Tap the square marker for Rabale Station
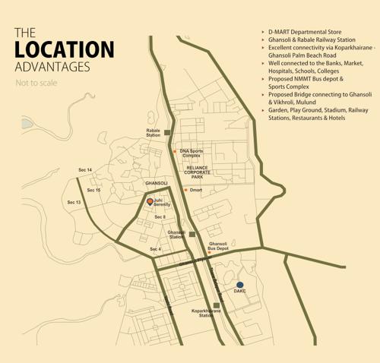tap(168, 132)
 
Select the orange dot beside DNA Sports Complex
tap(174, 151)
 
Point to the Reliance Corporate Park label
tap(197, 172)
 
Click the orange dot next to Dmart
tap(185, 189)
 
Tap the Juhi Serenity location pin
tap(150, 201)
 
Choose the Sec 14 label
tap(85, 170)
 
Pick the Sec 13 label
tap(74, 202)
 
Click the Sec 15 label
tap(93, 190)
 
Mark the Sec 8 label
tap(160, 217)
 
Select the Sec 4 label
tap(155, 249)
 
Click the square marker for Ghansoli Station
tap(192, 235)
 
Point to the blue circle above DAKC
tap(240, 285)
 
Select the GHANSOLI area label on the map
tap(157, 183)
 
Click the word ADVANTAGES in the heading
tap(52, 67)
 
